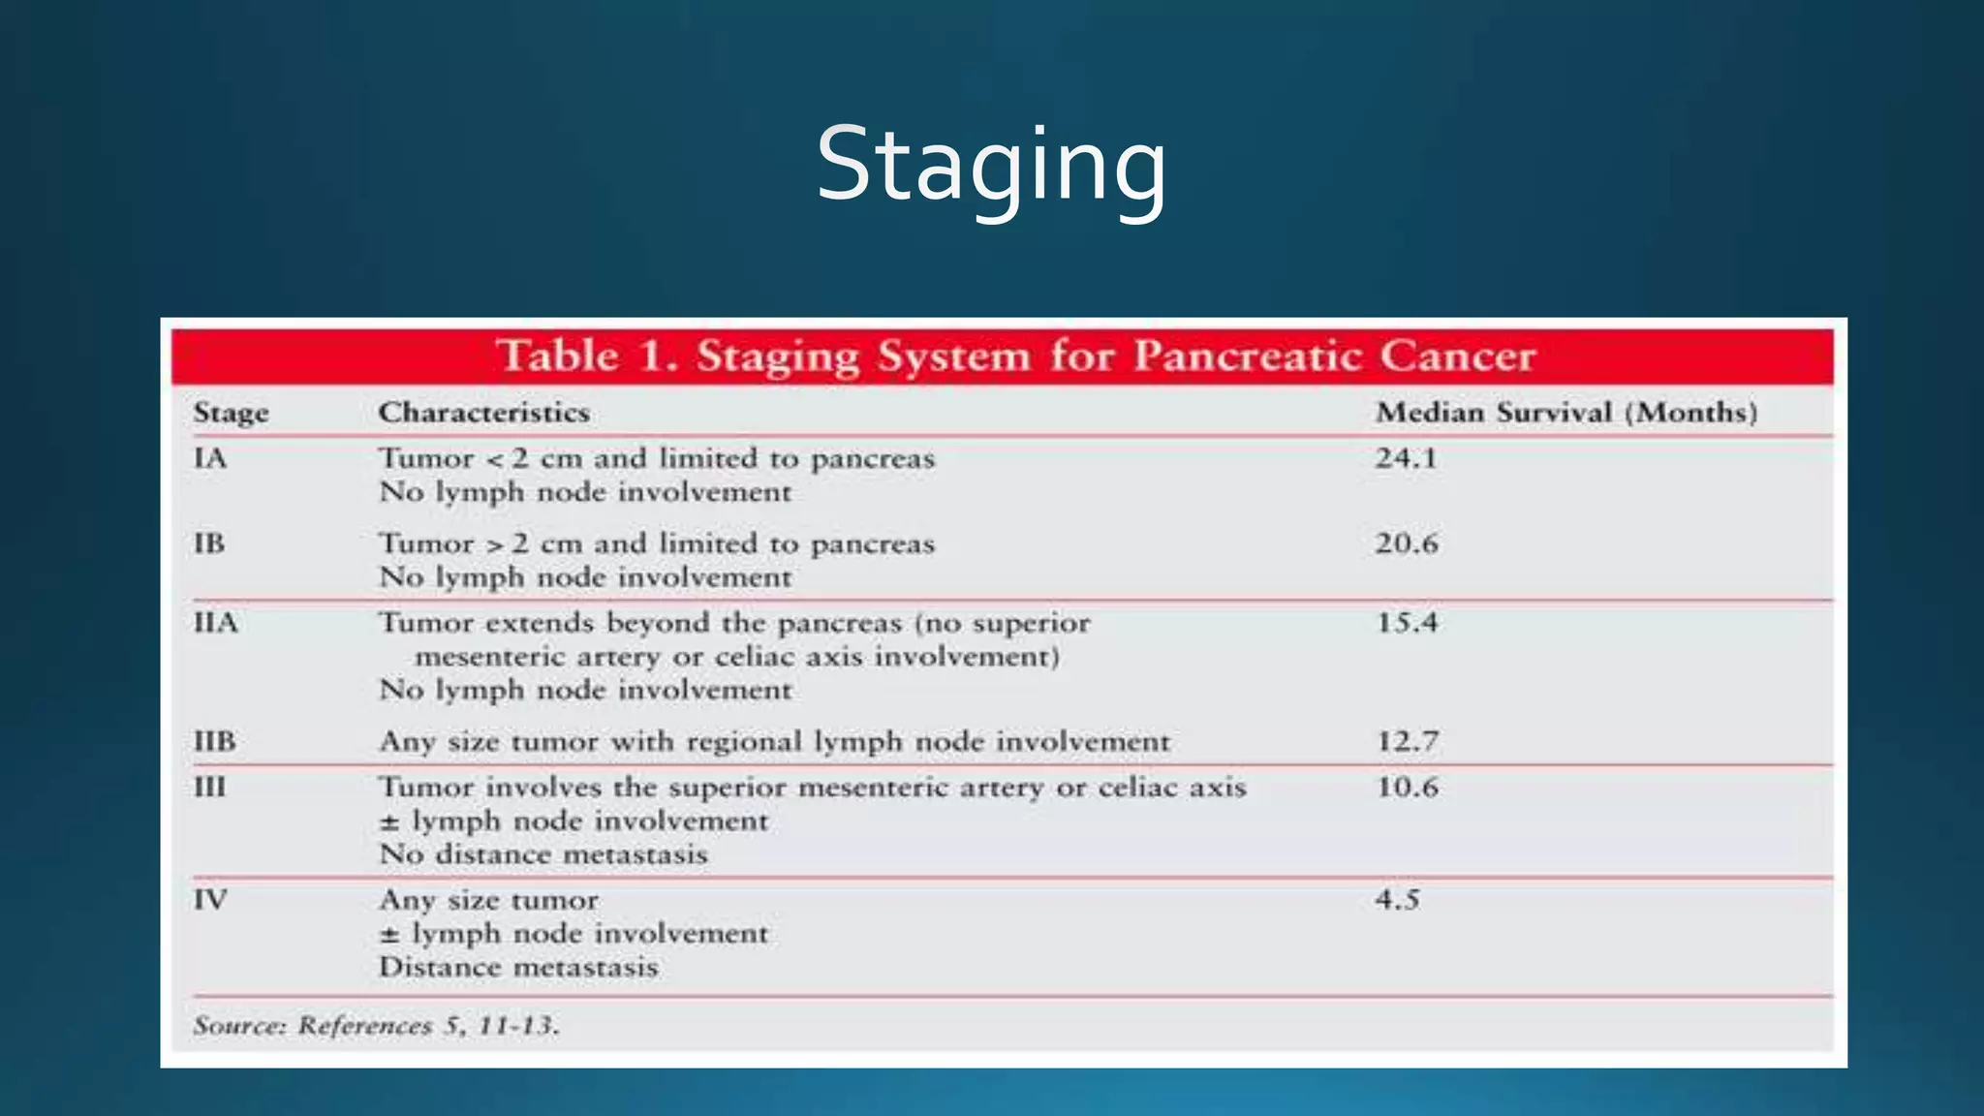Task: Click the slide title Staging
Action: tap(991, 166)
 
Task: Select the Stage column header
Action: tap(231, 413)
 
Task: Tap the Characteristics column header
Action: tap(483, 413)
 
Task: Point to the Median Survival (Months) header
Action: tap(1566, 413)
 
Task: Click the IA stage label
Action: tap(210, 457)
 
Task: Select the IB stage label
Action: tap(209, 542)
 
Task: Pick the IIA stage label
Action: tap(215, 622)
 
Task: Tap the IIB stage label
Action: tap(214, 741)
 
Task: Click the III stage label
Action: tap(209, 787)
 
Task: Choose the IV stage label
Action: tap(210, 899)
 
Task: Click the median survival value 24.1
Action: tap(1406, 457)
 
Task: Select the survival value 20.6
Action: tap(1407, 542)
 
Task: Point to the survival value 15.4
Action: tap(1407, 622)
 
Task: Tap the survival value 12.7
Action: tap(1407, 741)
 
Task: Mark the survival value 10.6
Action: tap(1407, 787)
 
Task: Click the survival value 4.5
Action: tap(1397, 899)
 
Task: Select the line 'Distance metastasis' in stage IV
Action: tap(518, 967)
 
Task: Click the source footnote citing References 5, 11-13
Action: tap(376, 1025)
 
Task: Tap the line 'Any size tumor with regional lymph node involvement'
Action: tap(774, 741)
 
